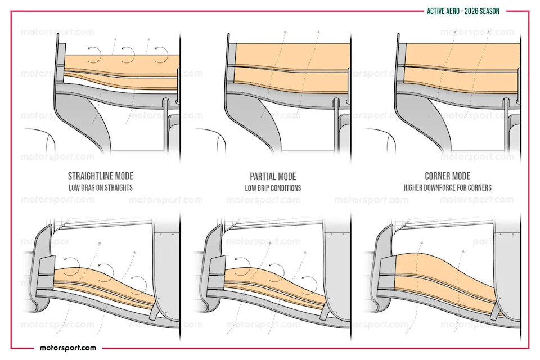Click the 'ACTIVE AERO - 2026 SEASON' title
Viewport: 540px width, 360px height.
[463, 11]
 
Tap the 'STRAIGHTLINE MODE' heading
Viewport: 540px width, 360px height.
[101, 176]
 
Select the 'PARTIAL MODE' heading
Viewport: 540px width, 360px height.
[273, 177]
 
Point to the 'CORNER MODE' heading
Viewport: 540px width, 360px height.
[447, 176]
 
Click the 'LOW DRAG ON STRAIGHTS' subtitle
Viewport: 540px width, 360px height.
[101, 188]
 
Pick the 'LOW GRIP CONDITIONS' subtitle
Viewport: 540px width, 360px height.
[273, 188]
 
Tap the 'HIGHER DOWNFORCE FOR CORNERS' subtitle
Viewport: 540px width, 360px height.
[447, 188]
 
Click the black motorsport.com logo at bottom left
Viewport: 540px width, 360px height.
[68, 348]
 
